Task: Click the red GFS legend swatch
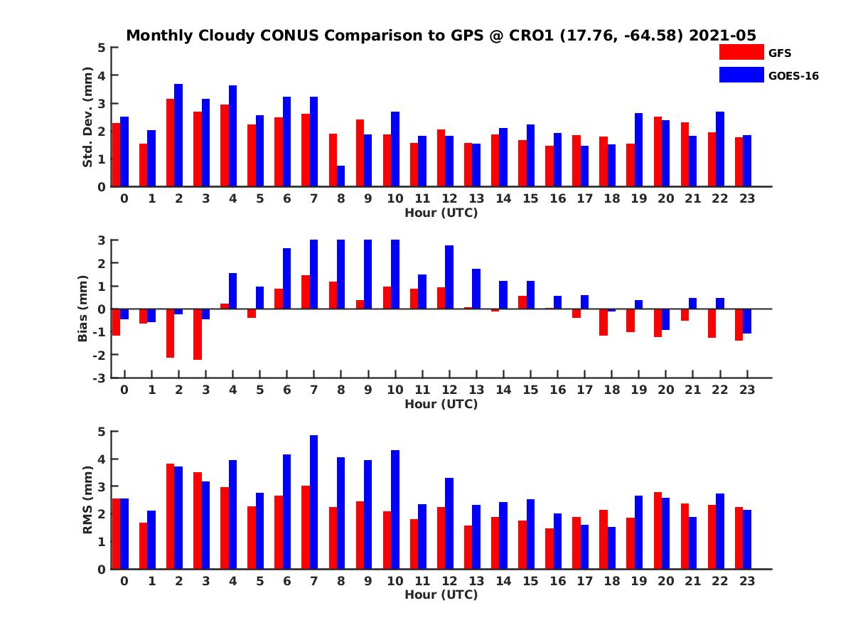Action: point(741,52)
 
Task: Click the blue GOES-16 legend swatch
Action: point(741,75)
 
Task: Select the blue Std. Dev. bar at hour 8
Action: point(341,176)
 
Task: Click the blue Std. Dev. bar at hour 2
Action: point(178,135)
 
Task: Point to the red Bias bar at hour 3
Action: point(198,334)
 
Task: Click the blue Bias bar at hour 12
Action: point(449,277)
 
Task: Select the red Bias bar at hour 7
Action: point(306,292)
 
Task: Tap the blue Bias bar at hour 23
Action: point(747,321)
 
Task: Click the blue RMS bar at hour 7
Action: point(314,502)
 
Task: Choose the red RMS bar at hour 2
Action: point(171,516)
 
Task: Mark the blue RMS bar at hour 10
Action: point(395,509)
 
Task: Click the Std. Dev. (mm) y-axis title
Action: point(88,117)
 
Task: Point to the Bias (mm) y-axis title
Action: point(83,308)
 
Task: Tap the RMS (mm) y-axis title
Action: point(88,500)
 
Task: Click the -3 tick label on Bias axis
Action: point(100,378)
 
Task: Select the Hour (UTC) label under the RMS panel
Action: point(441,594)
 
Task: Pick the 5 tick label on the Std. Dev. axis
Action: point(102,48)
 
